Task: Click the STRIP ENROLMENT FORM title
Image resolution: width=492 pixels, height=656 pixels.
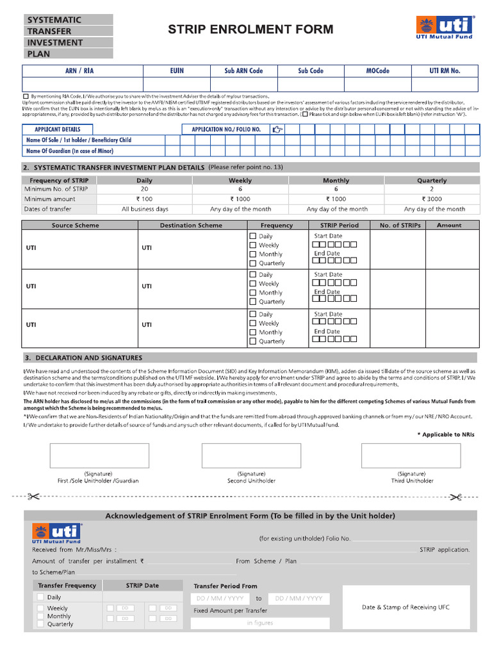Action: point(250,29)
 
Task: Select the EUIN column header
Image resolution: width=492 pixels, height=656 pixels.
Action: point(177,70)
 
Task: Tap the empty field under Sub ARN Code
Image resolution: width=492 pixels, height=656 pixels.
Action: point(243,85)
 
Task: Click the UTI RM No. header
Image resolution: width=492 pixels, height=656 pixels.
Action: point(445,70)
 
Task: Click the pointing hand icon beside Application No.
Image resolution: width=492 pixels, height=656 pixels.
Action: point(277,129)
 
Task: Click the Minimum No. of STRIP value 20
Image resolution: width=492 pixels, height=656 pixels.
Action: point(144,190)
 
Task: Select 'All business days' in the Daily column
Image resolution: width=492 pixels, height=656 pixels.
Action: point(145,209)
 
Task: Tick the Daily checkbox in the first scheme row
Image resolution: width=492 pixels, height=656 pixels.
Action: point(252,236)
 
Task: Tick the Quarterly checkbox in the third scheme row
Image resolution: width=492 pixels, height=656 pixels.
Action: point(252,341)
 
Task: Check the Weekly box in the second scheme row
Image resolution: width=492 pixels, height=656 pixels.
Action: point(252,284)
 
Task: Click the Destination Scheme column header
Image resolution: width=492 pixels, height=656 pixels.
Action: point(191,225)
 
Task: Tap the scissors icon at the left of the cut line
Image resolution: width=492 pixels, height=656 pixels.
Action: point(33,496)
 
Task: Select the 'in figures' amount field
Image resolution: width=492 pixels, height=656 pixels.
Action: point(260,623)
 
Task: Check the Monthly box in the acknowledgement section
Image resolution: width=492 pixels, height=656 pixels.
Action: point(41,616)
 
